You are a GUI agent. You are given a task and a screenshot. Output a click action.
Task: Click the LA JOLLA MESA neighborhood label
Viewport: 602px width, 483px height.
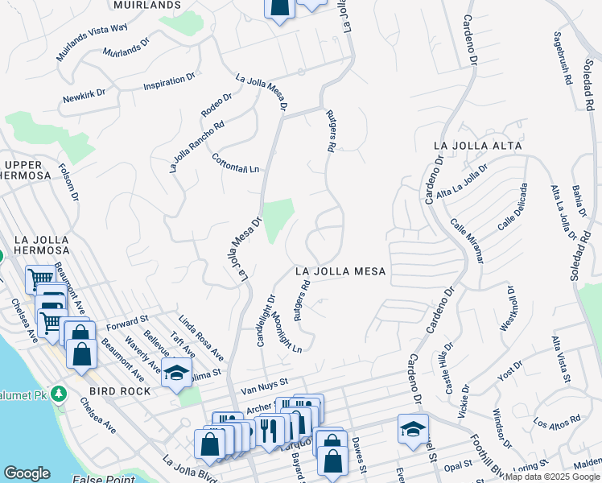[x=340, y=272]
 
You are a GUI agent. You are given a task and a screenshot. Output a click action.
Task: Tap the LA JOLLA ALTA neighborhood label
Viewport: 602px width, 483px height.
[x=477, y=146]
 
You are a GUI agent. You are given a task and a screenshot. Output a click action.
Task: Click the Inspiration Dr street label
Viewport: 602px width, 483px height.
[x=169, y=82]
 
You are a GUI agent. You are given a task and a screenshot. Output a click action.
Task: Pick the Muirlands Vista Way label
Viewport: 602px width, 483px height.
[x=92, y=42]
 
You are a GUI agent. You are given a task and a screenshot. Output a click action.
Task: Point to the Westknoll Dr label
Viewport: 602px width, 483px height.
[x=510, y=306]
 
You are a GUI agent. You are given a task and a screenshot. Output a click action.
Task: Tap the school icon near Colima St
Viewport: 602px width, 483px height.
[x=176, y=373]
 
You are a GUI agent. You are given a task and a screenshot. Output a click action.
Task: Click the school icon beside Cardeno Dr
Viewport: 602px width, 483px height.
[x=413, y=427]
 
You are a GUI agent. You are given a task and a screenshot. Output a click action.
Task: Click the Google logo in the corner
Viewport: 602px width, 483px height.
[x=27, y=473]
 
